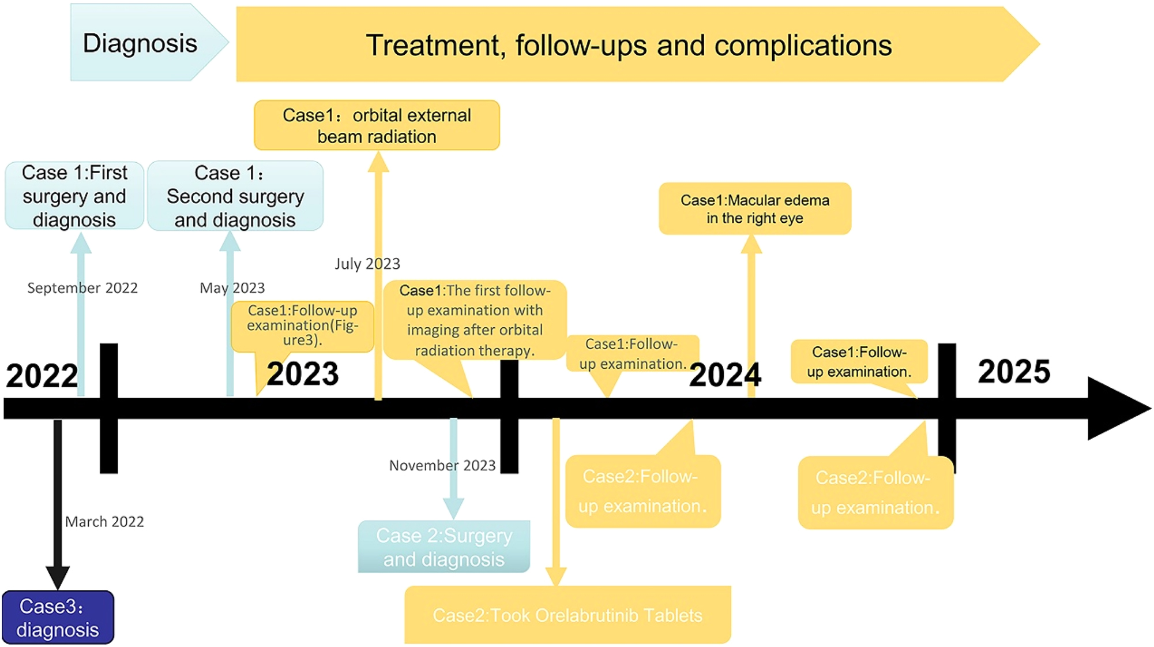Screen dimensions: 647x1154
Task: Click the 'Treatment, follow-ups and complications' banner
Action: point(629,45)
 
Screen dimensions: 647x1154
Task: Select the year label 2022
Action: point(42,376)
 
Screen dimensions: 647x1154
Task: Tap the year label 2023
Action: point(303,373)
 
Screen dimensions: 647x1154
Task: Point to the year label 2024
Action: point(725,375)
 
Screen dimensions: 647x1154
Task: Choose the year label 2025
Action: point(1014,372)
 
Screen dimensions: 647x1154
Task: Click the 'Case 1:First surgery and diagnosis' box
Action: point(74,196)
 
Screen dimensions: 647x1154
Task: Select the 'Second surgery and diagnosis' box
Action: point(235,196)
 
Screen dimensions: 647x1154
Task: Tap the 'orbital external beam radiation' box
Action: point(377,126)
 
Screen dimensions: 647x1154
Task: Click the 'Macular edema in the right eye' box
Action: point(755,209)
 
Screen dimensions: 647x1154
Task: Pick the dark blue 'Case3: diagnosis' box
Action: point(58,618)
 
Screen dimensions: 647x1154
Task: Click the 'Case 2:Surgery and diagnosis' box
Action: point(443,547)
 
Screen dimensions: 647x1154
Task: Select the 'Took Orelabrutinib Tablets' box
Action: point(567,615)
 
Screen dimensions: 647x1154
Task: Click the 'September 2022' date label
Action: point(82,288)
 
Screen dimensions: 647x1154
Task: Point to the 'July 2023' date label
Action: point(367,264)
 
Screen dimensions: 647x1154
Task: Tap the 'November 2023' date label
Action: point(442,465)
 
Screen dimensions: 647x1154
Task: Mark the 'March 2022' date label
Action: point(104,522)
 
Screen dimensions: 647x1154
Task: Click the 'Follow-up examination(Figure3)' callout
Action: point(302,326)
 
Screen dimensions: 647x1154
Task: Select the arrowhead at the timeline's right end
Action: point(1116,409)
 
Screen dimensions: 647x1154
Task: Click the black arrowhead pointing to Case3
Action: point(58,577)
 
